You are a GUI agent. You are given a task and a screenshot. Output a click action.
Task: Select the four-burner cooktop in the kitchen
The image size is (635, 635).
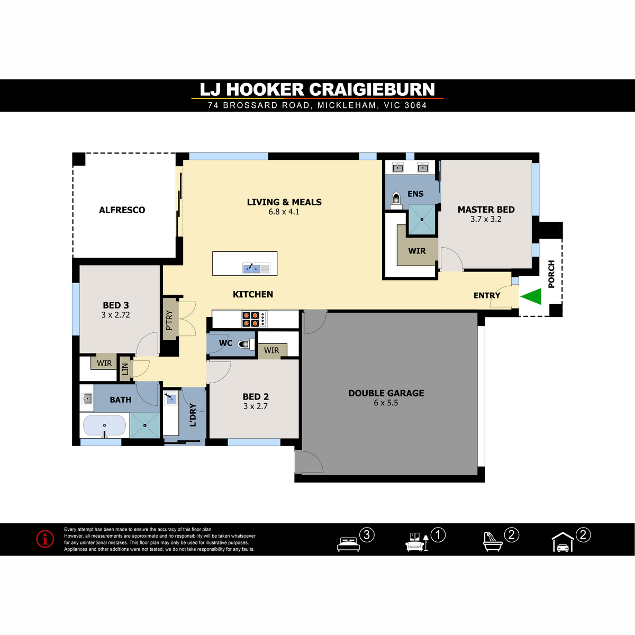click(250, 319)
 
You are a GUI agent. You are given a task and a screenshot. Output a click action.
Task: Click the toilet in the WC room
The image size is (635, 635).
click(246, 344)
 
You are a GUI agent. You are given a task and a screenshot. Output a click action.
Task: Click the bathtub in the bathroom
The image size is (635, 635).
click(104, 425)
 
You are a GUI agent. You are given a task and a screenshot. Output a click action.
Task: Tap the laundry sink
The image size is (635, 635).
click(171, 398)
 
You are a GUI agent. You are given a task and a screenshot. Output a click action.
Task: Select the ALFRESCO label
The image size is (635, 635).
click(122, 210)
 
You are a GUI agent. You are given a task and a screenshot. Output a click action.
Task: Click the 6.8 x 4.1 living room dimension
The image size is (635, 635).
click(284, 212)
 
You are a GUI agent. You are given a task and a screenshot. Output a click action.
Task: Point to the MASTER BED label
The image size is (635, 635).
click(486, 210)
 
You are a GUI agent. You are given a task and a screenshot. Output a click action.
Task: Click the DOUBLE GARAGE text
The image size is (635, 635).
click(386, 393)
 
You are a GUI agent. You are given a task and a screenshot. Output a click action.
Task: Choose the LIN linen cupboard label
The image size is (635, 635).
click(125, 369)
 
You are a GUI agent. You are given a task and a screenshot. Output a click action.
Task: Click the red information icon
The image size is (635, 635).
click(45, 539)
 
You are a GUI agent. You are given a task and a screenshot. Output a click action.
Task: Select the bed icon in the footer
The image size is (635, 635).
click(348, 544)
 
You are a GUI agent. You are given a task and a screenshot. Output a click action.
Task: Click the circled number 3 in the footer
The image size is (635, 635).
click(367, 535)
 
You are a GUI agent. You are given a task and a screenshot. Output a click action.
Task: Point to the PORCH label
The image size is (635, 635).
click(551, 274)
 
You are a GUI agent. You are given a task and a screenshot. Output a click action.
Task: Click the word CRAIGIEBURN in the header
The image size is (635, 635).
click(372, 89)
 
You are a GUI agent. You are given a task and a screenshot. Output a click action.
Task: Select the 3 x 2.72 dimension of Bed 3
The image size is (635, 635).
click(116, 315)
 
